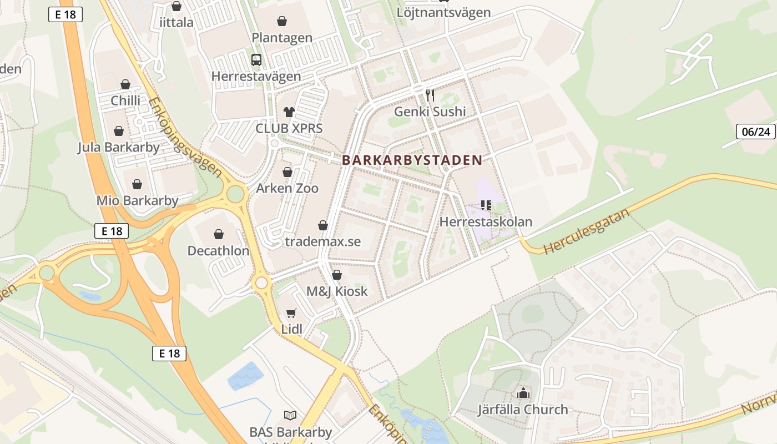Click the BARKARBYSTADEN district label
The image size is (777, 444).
click(x=412, y=160)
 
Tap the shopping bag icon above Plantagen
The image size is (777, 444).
click(x=282, y=22)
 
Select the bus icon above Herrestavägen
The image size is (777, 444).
click(x=256, y=60)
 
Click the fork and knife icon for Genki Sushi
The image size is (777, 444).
click(x=430, y=95)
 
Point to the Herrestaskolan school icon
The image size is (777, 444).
click(x=486, y=205)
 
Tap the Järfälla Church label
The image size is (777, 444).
click(x=523, y=410)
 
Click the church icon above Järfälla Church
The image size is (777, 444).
click(x=523, y=393)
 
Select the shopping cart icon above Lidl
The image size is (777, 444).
click(x=291, y=313)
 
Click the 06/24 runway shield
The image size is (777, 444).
click(x=755, y=132)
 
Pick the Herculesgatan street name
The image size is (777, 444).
click(x=587, y=231)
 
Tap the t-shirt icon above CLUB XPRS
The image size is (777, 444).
click(x=289, y=112)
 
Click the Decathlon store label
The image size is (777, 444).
click(x=218, y=251)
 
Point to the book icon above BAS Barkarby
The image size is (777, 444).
click(x=290, y=415)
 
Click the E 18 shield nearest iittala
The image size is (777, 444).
click(x=65, y=15)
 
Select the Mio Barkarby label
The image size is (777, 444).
click(x=138, y=200)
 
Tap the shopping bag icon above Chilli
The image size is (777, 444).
click(x=125, y=84)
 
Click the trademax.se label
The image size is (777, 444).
click(x=322, y=241)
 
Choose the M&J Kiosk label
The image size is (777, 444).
click(x=337, y=291)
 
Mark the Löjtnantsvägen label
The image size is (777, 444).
click(x=443, y=12)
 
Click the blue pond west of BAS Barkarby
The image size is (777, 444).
click(x=246, y=376)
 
